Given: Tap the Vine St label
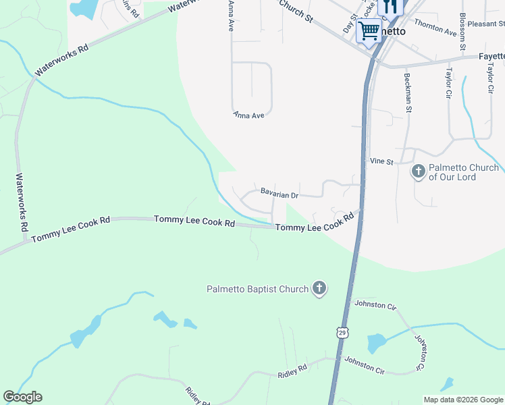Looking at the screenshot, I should pos(381,161).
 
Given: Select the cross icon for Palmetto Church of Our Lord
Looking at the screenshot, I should pos(419,171).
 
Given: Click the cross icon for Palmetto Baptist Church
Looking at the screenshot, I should pos(319,289).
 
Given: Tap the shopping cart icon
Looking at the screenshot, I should pos(369,30).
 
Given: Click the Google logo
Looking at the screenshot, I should pos(22,398).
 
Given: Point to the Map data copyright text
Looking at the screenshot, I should pos(462,400).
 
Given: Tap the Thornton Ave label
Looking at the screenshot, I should pos(435,27).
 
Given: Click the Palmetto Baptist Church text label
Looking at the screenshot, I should pos(257,290).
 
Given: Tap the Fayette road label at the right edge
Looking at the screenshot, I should pos(491,57).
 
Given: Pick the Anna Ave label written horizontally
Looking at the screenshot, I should pos(249,115).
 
